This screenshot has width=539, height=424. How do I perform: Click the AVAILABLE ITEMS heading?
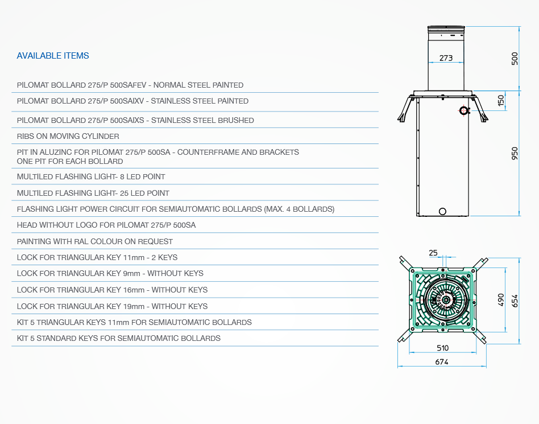53,56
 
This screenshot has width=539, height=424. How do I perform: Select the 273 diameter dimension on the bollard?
446,58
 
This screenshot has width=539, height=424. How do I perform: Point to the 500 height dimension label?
515,59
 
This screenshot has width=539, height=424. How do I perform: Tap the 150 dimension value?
501,101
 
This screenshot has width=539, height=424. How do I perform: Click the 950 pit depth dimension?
515,154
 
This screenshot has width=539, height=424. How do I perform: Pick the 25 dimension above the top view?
433,253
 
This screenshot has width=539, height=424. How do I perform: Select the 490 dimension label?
501,300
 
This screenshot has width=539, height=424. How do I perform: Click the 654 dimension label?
515,301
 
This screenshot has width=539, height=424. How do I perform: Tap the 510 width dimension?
443,348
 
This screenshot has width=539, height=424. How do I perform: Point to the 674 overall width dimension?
442,362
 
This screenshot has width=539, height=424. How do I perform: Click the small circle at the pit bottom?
443,211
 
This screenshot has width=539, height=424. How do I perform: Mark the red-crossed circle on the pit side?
464,110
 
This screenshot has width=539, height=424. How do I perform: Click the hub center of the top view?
446,300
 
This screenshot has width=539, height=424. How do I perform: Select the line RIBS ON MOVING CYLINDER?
68,136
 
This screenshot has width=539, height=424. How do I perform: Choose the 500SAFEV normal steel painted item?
130,85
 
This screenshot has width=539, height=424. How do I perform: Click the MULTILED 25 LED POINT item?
93,193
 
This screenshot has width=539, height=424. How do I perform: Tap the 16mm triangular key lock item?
112,290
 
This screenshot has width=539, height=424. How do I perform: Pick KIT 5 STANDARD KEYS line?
119,338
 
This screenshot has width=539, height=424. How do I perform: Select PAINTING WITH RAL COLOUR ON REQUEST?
95,242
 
